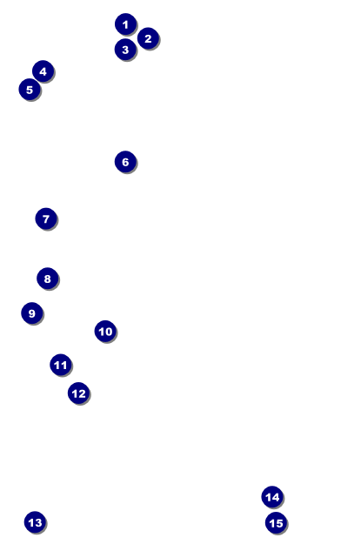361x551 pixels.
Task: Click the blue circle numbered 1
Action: coord(125,24)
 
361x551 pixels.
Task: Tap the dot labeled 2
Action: coord(148,38)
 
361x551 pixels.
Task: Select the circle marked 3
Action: coord(125,50)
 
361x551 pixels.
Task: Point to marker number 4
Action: coord(43,71)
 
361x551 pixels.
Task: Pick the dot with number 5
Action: coord(30,90)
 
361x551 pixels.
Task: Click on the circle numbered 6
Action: coord(125,162)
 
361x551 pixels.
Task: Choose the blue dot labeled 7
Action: coord(46,218)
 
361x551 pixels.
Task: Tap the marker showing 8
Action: coord(47,279)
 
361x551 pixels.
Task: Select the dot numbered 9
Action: coord(32,312)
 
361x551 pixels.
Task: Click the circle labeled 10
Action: coord(105,331)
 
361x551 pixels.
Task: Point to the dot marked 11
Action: coord(61,365)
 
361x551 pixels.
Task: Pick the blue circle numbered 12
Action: coord(78,393)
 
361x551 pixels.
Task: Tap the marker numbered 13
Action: coord(35,522)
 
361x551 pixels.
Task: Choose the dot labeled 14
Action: coord(272,497)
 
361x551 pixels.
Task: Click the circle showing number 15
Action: coord(276,523)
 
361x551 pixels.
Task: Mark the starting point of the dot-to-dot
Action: coord(125,24)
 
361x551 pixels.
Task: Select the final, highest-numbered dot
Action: coord(276,523)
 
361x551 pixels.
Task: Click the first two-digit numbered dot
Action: coord(105,331)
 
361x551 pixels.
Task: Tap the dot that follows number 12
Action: coord(35,522)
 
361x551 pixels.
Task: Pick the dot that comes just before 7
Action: coord(125,162)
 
